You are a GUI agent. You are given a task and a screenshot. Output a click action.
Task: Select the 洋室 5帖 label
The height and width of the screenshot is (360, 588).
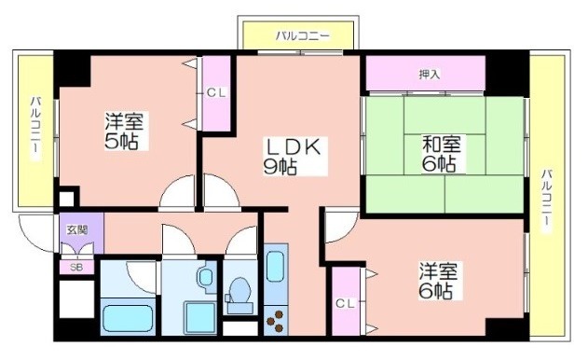coord(123,131)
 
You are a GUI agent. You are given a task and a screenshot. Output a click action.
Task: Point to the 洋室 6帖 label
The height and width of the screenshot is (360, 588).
coord(438,281)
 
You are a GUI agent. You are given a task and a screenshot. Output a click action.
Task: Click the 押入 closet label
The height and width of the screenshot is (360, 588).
coord(429,75)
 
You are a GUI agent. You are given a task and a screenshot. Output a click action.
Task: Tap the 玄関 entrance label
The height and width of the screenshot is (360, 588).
coord(76,229)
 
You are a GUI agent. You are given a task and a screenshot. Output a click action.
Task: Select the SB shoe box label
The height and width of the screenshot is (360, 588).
coord(76,268)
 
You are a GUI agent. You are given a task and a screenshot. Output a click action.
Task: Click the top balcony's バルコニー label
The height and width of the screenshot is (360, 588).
coord(303,36)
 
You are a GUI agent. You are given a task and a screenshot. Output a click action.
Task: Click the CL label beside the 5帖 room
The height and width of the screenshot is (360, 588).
coord(216,92)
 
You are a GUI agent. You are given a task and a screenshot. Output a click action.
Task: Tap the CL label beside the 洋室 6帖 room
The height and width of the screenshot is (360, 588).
coord(345,303)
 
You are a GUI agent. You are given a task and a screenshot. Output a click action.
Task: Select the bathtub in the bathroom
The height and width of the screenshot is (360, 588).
coord(128,318)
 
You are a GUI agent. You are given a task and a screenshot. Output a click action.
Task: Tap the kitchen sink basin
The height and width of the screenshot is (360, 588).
coord(276,266)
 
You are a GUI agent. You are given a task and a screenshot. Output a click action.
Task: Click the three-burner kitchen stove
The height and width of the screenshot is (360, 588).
coord(276,320)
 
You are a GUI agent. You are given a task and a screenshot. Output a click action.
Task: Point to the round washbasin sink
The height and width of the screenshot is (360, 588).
coord(206,278)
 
